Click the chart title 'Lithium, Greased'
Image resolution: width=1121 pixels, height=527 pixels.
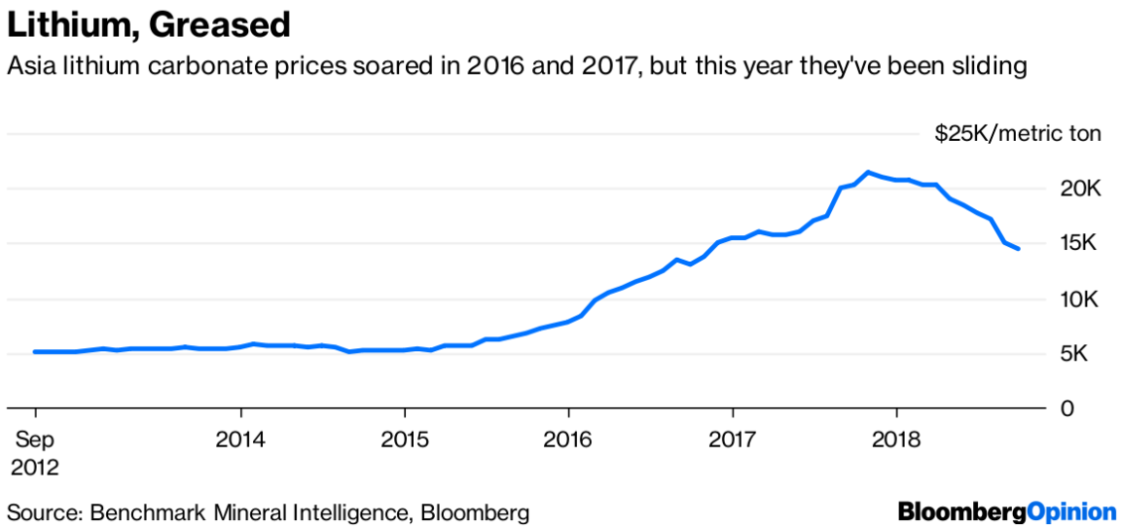[x=149, y=25]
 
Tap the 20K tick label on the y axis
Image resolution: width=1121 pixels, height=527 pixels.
[x=1081, y=189]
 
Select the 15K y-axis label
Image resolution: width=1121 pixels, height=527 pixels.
[x=1081, y=244]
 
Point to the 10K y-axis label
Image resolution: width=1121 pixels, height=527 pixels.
[x=1081, y=299]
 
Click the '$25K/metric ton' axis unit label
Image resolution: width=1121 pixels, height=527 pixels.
[x=1018, y=134]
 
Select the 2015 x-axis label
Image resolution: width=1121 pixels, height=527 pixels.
[x=404, y=439]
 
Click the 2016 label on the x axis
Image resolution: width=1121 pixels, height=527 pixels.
[x=569, y=439]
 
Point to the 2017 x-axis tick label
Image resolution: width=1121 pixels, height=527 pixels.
[x=732, y=439]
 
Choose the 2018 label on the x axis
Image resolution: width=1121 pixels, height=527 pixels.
[x=895, y=439]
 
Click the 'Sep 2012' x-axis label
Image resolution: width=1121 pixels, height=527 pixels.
[x=34, y=453]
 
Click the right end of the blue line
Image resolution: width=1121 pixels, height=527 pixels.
[x=1018, y=249]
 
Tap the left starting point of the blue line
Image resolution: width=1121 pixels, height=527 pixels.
[x=35, y=351]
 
